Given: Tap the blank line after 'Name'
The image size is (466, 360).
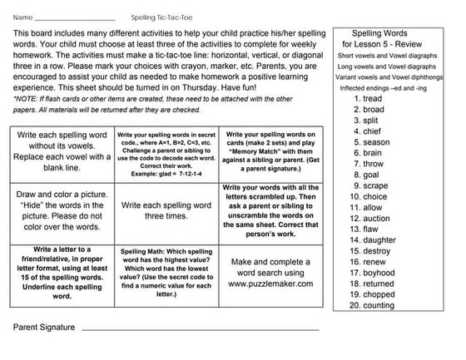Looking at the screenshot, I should [x=75, y=18].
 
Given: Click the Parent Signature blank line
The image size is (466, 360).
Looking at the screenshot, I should [x=200, y=329].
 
